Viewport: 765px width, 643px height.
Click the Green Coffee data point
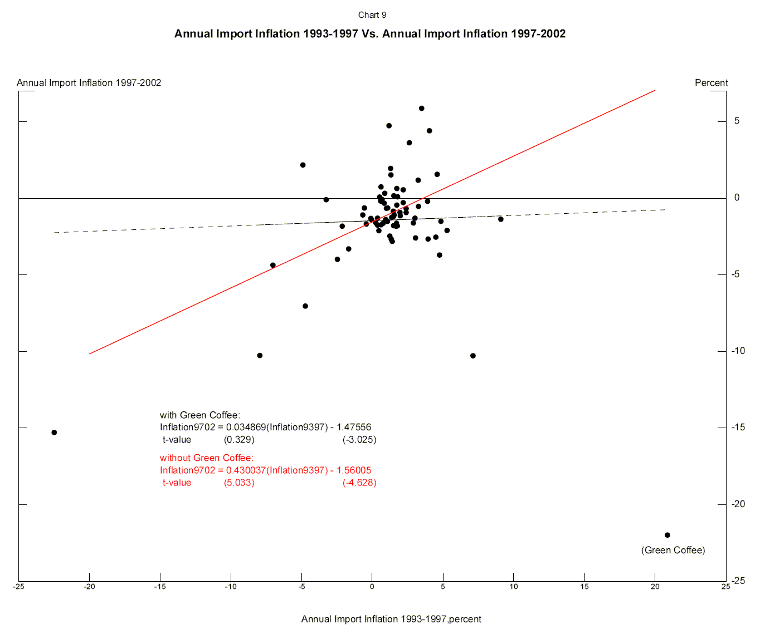click(667, 535)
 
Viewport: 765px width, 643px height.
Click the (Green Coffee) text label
click(673, 550)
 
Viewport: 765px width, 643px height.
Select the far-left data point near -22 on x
click(54, 433)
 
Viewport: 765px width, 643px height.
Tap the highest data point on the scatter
click(422, 109)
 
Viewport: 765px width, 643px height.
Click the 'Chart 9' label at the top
click(372, 15)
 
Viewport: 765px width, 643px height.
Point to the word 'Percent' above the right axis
click(711, 83)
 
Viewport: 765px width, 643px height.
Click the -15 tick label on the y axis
click(738, 427)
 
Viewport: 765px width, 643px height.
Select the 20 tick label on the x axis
click(655, 586)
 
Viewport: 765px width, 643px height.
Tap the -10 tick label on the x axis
click(231, 586)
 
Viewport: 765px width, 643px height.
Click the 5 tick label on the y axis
click(737, 121)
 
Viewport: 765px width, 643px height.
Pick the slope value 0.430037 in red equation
click(246, 470)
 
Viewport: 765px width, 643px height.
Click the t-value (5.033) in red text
click(239, 483)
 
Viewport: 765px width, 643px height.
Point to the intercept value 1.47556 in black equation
click(354, 427)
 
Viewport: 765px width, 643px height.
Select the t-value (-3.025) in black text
click(359, 440)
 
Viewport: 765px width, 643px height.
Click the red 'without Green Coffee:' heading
click(207, 458)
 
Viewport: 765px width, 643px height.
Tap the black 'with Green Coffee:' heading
click(200, 415)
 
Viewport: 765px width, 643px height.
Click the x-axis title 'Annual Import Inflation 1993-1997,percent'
click(391, 619)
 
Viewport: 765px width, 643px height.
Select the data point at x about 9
click(500, 219)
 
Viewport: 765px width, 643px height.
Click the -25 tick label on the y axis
click(738, 581)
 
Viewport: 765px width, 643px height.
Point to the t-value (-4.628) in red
click(359, 483)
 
